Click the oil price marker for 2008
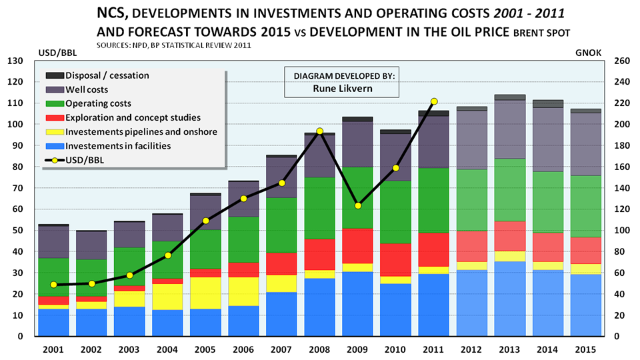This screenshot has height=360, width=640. coord(320,131)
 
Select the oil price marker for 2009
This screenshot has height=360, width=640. coord(358,205)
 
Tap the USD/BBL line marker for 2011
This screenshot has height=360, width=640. coord(434,101)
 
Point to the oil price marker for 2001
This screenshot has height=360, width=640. coord(53,285)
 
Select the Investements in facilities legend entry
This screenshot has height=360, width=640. coord(116,145)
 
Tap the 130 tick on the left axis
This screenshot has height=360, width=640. coord(15,61)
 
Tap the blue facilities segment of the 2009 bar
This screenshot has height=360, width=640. coord(358,303)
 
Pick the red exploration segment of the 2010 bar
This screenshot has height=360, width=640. coord(396,259)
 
